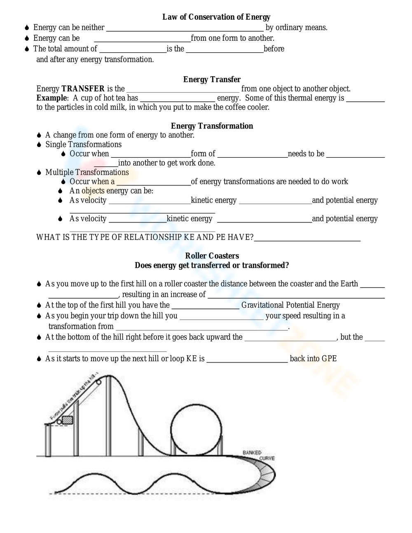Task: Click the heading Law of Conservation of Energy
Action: coord(216,17)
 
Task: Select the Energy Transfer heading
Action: coord(212,79)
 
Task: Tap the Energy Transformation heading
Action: coord(212,126)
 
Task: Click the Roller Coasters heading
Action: coord(212,256)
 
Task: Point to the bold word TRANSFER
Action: coord(83,89)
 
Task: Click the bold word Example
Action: coord(51,98)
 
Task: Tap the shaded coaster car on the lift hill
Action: coord(67,420)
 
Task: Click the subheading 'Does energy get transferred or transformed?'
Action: coord(212,265)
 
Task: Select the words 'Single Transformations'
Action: coord(83,145)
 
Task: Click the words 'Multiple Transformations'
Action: coord(87,173)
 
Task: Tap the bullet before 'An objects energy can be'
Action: coord(60,191)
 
